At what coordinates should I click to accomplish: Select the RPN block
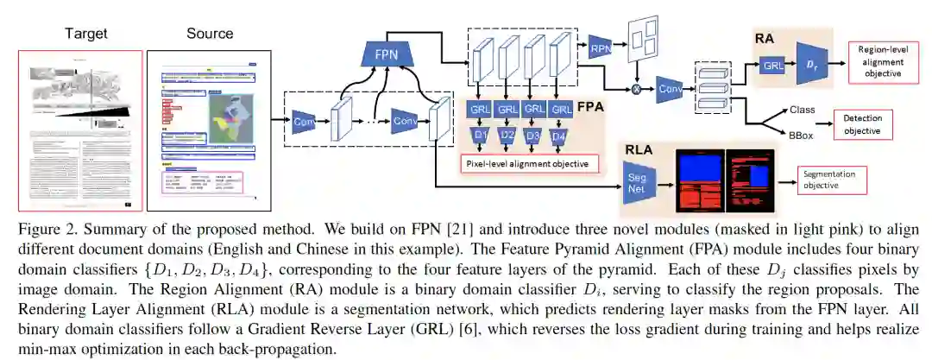[x=599, y=48]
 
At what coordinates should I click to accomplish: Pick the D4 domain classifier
[x=562, y=136]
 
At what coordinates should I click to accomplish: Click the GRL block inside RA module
[x=771, y=65]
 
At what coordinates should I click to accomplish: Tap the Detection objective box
[x=862, y=125]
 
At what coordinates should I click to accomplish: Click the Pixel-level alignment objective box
[x=527, y=162]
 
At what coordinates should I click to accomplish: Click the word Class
[x=802, y=111]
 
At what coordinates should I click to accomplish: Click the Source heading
[x=210, y=35]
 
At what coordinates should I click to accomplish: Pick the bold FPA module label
[x=590, y=109]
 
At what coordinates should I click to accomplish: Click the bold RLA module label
[x=640, y=149]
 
